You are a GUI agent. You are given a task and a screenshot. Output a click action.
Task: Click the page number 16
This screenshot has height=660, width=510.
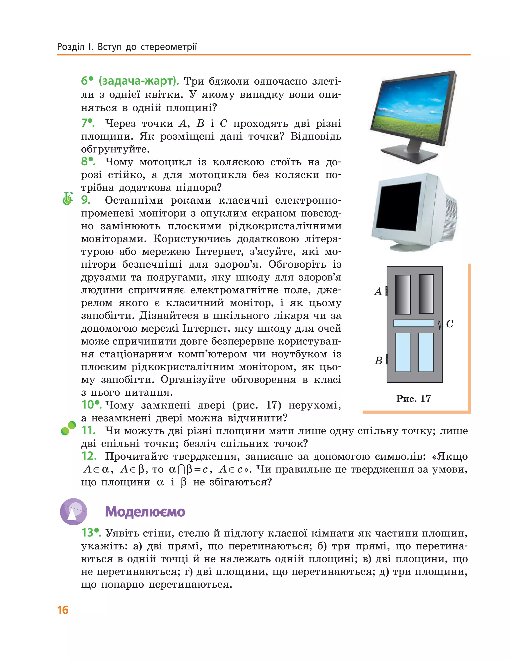click(x=63, y=610)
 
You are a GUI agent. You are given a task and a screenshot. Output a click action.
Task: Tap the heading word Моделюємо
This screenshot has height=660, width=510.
click(x=145, y=512)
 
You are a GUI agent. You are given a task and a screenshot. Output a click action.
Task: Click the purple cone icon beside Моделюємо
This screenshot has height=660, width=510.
click(x=73, y=512)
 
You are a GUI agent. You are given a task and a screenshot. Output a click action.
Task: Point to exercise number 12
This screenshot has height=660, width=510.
click(x=89, y=456)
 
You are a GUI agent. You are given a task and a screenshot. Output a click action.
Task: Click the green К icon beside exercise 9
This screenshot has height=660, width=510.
click(x=68, y=198)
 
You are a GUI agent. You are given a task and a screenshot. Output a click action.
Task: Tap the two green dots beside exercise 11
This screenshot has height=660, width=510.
click(x=68, y=428)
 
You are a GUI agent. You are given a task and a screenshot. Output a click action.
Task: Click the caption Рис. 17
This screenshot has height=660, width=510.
click(x=414, y=399)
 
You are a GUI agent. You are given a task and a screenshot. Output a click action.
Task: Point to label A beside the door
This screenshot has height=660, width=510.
click(x=378, y=292)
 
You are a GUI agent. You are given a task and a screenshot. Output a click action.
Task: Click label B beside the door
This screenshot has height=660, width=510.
click(x=379, y=360)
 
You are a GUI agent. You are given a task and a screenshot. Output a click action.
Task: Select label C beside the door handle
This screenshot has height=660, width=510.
click(x=449, y=324)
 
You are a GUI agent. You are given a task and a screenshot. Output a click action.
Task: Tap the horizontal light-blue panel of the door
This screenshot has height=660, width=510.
click(x=414, y=323)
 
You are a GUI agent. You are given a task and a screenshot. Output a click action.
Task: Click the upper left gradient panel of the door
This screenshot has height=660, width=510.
click(x=403, y=294)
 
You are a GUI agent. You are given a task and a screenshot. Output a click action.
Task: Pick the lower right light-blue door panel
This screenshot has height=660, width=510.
click(x=426, y=352)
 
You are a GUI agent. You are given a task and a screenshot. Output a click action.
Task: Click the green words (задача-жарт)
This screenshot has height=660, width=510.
click(x=139, y=81)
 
